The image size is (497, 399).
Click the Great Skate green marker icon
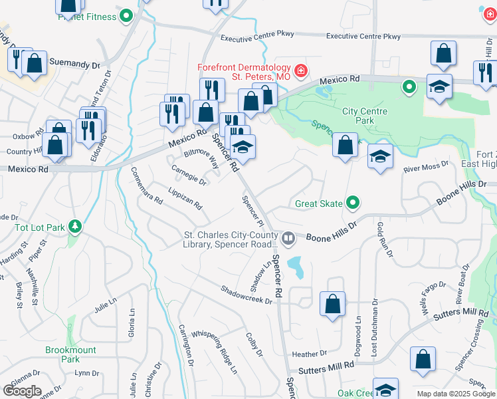point(353,203)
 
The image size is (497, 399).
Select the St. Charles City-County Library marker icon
point(288,237)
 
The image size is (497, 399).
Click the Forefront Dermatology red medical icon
point(300,70)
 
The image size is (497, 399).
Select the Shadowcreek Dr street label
point(247,295)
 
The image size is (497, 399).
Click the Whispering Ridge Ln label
point(214,352)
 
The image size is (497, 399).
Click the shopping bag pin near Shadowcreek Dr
point(333,304)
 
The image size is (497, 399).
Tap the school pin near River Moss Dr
point(380,157)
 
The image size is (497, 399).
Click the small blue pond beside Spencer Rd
point(297,267)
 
